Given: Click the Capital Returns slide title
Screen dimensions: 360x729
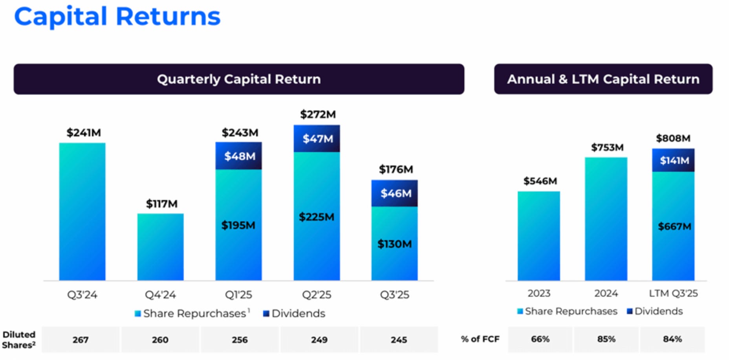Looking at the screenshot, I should point(117,17).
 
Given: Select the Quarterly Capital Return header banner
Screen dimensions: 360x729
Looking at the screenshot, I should point(239,79).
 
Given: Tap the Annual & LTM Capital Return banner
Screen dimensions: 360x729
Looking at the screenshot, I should point(603,79).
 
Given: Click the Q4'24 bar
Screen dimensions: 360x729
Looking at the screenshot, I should point(160,247).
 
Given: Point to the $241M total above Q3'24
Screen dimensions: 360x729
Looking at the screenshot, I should point(84,132).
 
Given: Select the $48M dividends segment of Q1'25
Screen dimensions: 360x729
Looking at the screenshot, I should point(239,156).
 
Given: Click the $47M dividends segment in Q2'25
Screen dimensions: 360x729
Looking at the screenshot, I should point(317,139).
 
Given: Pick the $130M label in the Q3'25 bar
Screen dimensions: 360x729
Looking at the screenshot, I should point(394,244).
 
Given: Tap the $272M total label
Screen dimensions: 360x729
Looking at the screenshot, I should point(318,114).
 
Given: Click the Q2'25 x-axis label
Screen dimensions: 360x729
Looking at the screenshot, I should point(317,295).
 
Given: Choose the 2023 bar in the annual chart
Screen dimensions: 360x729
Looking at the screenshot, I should point(539,236).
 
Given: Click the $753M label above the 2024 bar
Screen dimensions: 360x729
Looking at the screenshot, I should point(607,147).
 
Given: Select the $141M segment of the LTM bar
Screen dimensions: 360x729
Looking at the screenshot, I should point(674,160).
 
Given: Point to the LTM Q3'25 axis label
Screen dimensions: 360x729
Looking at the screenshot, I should point(673,293).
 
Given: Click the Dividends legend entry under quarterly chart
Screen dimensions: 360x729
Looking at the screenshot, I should point(294,313).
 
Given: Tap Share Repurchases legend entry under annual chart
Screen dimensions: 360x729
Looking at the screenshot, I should point(567,311).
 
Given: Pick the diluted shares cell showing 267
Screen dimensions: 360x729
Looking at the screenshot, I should point(81,340).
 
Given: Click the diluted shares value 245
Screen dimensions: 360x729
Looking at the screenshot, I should point(399,340).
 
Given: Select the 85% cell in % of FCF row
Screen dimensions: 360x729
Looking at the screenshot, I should point(606,339).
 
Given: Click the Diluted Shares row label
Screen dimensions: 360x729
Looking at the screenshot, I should point(19,340).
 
